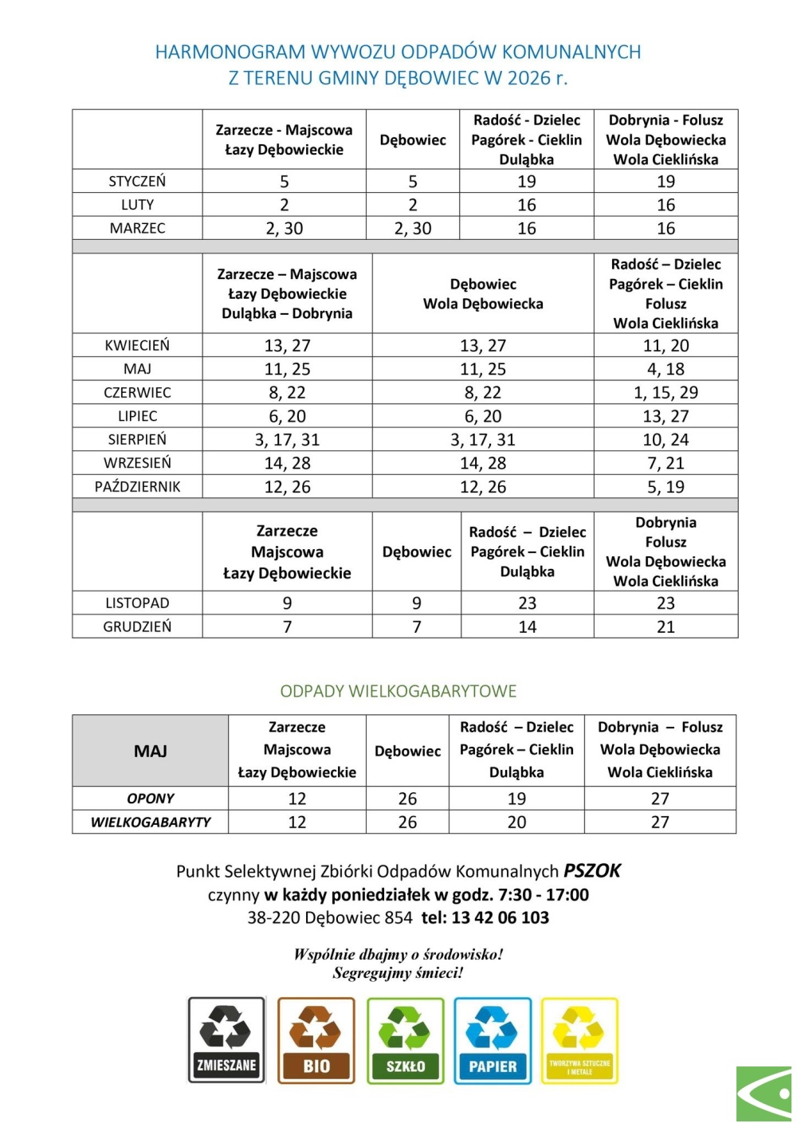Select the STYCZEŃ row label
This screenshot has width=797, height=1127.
(137, 181)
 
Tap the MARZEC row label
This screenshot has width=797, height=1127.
(137, 228)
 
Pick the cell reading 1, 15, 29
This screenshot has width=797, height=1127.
(665, 392)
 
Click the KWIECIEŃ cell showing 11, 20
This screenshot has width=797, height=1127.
(665, 345)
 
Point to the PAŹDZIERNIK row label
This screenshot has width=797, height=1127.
(137, 486)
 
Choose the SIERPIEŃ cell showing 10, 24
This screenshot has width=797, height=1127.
(665, 439)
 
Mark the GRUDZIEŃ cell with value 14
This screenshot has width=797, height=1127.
(527, 626)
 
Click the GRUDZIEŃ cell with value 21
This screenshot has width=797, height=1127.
(665, 626)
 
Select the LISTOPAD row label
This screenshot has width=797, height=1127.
(137, 603)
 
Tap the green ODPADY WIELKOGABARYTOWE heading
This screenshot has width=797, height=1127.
(398, 691)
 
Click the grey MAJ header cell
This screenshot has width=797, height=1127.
(150, 751)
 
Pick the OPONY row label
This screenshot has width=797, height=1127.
(150, 799)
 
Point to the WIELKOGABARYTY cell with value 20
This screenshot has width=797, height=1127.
(516, 822)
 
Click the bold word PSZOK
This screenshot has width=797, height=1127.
(592, 871)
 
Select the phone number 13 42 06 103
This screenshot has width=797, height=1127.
(500, 917)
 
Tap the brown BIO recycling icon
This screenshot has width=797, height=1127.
(316, 1040)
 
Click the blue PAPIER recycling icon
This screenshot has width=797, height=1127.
(493, 1040)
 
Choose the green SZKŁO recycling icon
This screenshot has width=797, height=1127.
(405, 1040)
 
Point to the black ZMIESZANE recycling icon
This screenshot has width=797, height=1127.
(226, 1040)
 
